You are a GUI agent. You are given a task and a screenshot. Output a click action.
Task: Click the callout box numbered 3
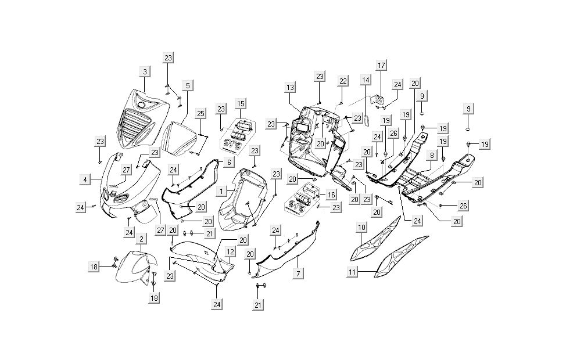click(145, 71)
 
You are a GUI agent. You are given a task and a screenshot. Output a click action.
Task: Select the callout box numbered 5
click(187, 85)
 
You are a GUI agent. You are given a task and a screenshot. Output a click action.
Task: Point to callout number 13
click(291, 87)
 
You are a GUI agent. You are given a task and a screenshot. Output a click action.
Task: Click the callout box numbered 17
click(381, 65)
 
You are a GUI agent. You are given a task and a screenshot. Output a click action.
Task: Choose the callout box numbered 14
click(365, 80)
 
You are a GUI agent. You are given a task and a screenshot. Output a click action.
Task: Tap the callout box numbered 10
click(361, 227)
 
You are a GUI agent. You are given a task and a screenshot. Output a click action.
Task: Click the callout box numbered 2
click(141, 239)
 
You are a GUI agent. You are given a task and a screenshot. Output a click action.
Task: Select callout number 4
click(85, 180)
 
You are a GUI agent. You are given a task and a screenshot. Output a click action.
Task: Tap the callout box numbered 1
click(221, 190)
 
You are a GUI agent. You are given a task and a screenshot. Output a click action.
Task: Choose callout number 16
click(330, 195)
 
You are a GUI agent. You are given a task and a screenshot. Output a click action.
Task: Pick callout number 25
click(200, 113)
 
